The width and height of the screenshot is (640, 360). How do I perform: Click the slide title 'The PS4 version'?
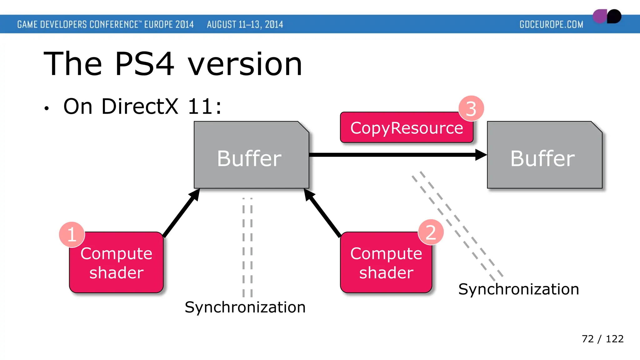(173, 64)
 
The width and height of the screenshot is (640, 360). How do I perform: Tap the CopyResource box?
(406, 128)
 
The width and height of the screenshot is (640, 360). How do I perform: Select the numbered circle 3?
(471, 108)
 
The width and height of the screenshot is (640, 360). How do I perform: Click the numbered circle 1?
(72, 234)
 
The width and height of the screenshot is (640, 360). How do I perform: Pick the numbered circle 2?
(431, 232)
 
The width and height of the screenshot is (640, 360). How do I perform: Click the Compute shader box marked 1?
(116, 263)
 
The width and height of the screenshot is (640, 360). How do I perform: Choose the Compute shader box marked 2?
(386, 263)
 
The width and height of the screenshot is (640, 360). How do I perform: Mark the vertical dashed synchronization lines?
(247, 247)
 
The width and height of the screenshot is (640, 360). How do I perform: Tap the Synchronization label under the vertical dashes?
(245, 307)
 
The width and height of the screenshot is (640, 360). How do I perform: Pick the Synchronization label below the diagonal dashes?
(518, 289)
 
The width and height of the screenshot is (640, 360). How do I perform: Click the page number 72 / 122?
(602, 339)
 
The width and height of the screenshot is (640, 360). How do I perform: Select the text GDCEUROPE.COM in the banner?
(551, 24)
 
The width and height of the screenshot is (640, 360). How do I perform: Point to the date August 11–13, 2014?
(245, 24)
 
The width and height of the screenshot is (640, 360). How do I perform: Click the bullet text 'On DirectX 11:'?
(142, 107)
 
